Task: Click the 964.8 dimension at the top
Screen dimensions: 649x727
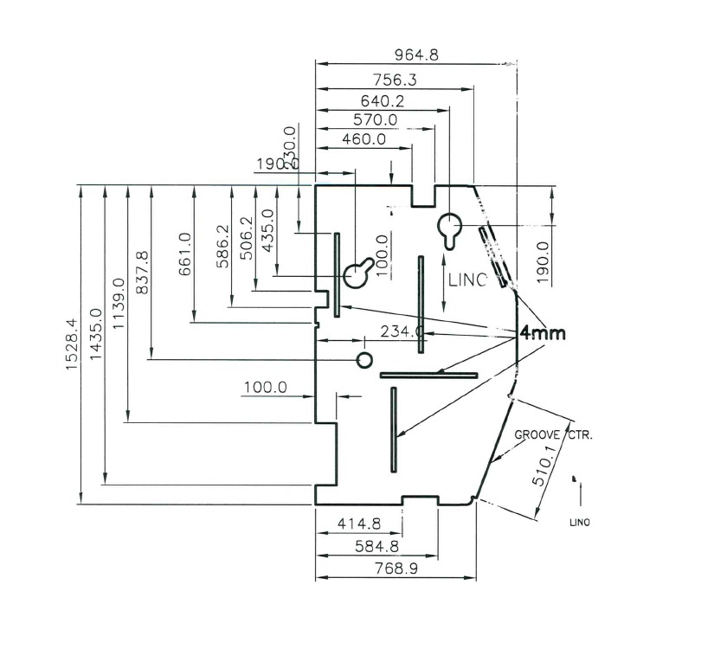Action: (x=416, y=55)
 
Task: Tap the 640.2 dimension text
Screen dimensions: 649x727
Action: (x=383, y=100)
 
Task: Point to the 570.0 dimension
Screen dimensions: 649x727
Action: (x=375, y=120)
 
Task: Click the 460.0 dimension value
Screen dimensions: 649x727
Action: (x=363, y=139)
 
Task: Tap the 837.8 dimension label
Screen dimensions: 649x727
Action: (x=143, y=273)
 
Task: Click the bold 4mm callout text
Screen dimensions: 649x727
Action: (x=543, y=333)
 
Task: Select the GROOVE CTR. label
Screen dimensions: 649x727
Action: (x=554, y=434)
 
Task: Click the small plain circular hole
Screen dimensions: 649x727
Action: (x=364, y=359)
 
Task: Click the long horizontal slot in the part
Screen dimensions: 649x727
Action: (x=428, y=375)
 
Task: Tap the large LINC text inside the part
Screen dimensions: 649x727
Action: (x=467, y=280)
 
